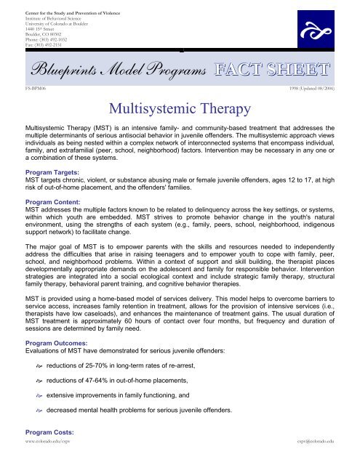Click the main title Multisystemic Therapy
tap(180, 110)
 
